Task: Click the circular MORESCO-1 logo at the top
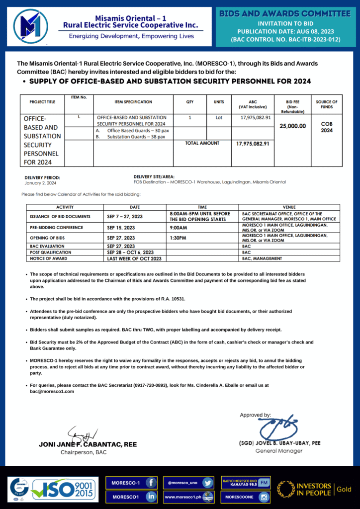(31, 26)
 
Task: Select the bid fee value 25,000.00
(293, 126)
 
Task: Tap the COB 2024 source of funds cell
(327, 127)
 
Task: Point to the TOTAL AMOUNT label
(202, 143)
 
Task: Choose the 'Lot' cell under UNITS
(219, 118)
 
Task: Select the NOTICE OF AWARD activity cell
(45, 258)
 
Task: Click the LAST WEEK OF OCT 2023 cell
(134, 258)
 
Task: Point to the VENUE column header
(289, 207)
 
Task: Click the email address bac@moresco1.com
(52, 391)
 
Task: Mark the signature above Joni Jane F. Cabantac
(80, 433)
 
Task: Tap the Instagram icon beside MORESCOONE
(264, 497)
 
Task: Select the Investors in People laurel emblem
(286, 489)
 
